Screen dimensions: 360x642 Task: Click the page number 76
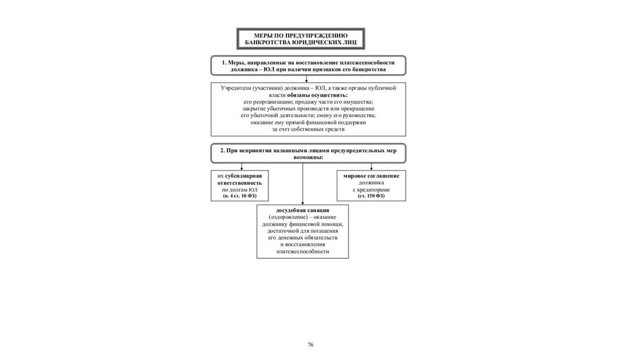point(310,345)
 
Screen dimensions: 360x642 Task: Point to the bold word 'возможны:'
point(307,157)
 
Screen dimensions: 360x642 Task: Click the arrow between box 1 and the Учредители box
point(307,80)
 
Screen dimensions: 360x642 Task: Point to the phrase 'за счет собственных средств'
point(308,129)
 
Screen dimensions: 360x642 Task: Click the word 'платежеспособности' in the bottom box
point(302,251)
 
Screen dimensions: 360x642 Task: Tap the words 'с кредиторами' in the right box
point(371,189)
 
